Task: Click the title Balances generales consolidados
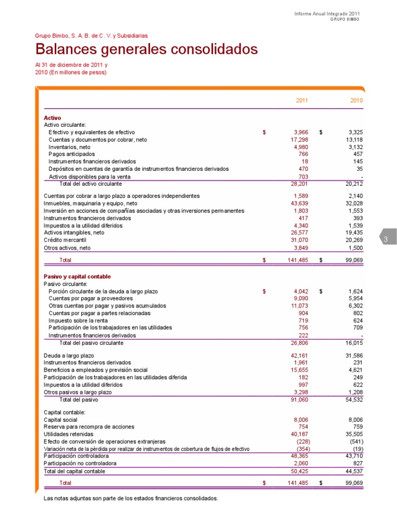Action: pyautogui.click(x=146, y=50)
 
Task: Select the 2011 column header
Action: pyautogui.click(x=301, y=100)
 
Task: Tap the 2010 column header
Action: pyautogui.click(x=356, y=100)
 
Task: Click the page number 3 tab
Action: pyautogui.click(x=386, y=239)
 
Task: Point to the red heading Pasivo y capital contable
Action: pyautogui.click(x=77, y=276)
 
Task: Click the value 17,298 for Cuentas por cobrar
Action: pyautogui.click(x=299, y=140)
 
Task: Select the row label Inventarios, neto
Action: pyautogui.click(x=69, y=147)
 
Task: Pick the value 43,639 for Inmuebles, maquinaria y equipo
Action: pyautogui.click(x=299, y=203)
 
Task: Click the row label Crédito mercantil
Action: pyautogui.click(x=65, y=240)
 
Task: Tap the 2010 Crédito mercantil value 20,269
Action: pyautogui.click(x=354, y=240)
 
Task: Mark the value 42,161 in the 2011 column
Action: pyautogui.click(x=299, y=356)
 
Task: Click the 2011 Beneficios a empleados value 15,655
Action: pyautogui.click(x=299, y=370)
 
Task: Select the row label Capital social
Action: pyautogui.click(x=60, y=419)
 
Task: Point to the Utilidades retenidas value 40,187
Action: pyautogui.click(x=299, y=434)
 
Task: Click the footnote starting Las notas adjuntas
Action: pyautogui.click(x=131, y=498)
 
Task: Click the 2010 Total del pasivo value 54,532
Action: pyautogui.click(x=354, y=400)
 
